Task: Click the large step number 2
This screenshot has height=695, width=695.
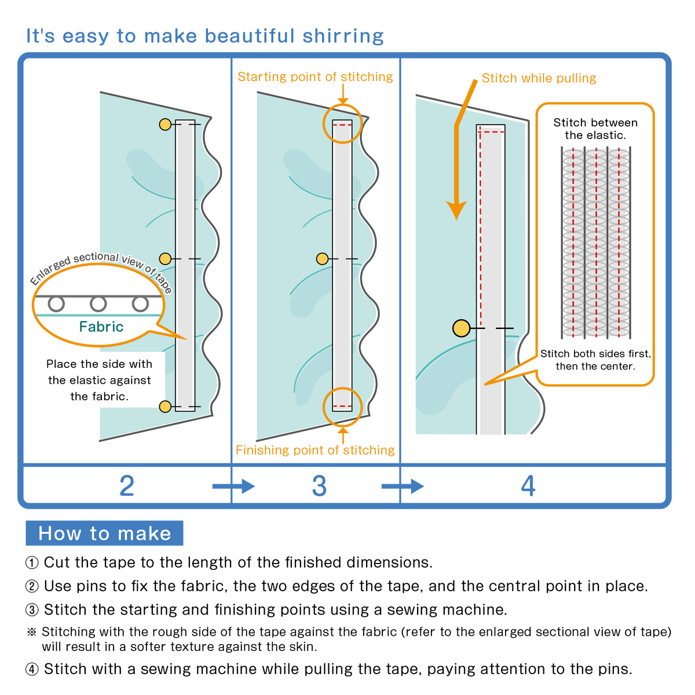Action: coord(127,485)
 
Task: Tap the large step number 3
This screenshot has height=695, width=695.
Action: coord(319,485)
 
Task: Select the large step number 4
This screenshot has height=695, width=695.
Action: coord(528,485)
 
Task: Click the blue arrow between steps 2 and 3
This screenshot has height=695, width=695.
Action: coord(233,485)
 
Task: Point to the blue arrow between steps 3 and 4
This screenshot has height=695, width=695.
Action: coord(403,485)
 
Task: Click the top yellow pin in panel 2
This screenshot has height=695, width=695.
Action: coord(165,125)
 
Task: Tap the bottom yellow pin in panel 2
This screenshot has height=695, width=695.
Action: coord(165,407)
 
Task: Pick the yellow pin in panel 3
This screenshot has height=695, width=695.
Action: coord(323,259)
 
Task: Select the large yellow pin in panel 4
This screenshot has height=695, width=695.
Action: coord(462,328)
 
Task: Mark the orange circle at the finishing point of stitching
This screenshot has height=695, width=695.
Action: coord(342,407)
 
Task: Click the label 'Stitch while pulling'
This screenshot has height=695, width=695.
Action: coord(539,78)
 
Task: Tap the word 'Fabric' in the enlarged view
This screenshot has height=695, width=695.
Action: coord(101,327)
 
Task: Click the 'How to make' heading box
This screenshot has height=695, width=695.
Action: coord(104,533)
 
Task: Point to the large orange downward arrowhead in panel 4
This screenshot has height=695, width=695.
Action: coord(456,210)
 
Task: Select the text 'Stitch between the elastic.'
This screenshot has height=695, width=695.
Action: coord(595,129)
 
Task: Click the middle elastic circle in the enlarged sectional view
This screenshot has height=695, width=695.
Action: coord(98,303)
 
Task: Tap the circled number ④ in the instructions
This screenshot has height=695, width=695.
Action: coord(32,670)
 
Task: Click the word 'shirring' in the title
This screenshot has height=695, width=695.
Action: coord(343,36)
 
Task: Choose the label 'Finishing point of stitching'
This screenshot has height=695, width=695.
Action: coord(315,450)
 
